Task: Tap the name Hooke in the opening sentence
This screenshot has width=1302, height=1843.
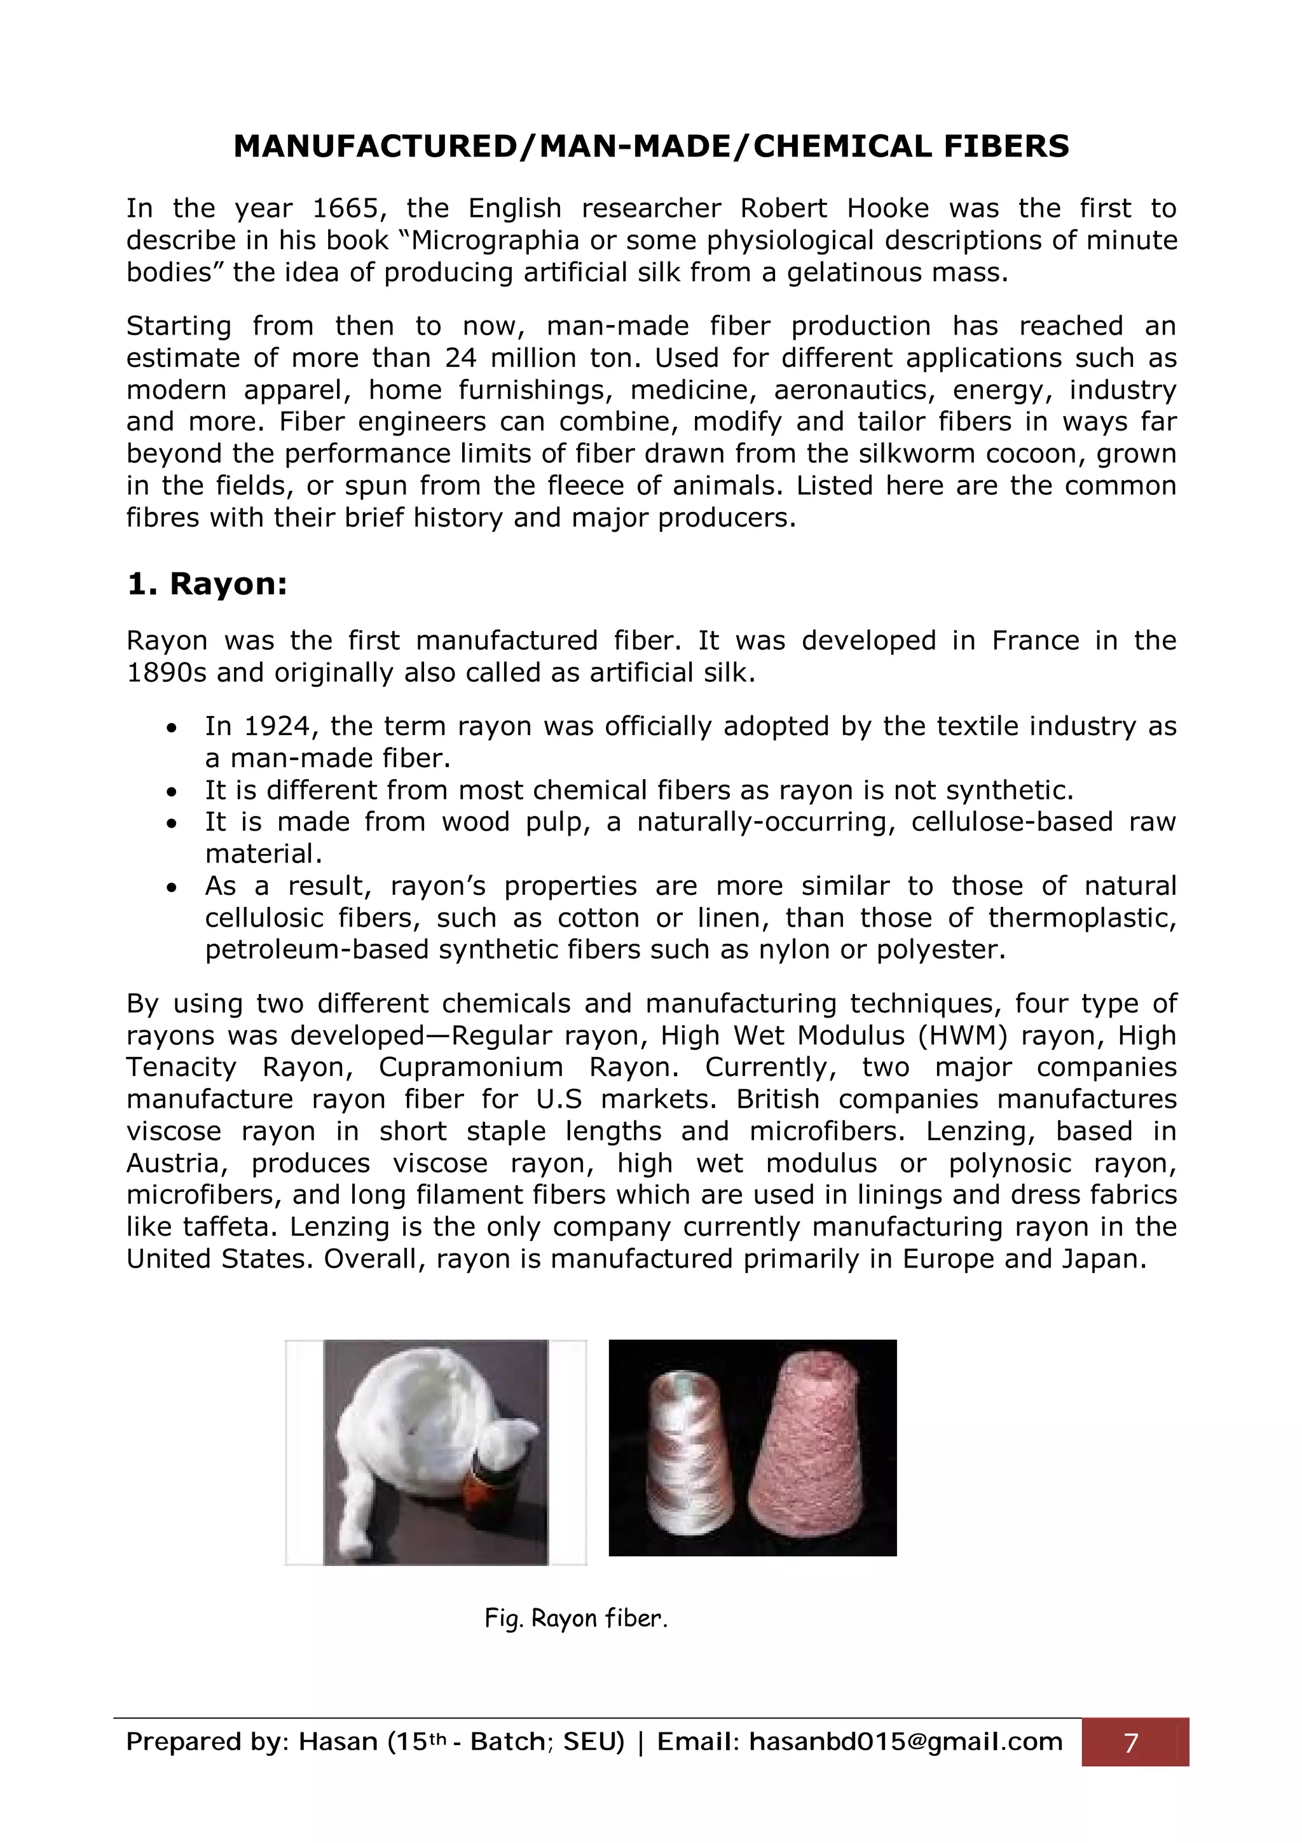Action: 887,209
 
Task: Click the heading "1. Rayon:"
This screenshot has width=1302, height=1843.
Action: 207,584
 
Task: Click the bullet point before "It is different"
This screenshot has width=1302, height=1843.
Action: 171,792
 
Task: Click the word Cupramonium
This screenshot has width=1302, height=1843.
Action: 471,1068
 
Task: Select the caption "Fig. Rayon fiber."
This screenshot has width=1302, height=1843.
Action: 576,1619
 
